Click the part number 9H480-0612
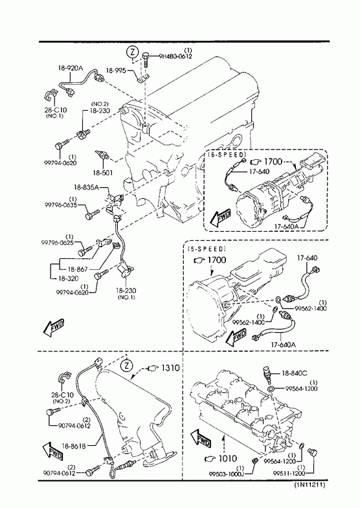(x=175, y=56)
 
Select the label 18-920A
(x=71, y=68)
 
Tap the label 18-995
(x=116, y=71)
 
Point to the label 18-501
(x=102, y=173)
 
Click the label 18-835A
(x=86, y=187)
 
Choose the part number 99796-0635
(x=61, y=204)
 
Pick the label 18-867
(x=78, y=269)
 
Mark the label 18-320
(x=69, y=278)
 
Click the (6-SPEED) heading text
(x=227, y=153)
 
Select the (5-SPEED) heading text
(x=206, y=248)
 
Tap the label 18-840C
(x=294, y=373)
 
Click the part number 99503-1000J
(x=226, y=474)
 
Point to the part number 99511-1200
(x=289, y=473)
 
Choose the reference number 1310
(x=170, y=368)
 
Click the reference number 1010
(x=228, y=458)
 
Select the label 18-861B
(x=74, y=446)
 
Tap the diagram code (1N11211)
(x=309, y=485)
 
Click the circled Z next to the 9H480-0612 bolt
(x=132, y=52)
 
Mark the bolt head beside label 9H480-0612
(x=146, y=56)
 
